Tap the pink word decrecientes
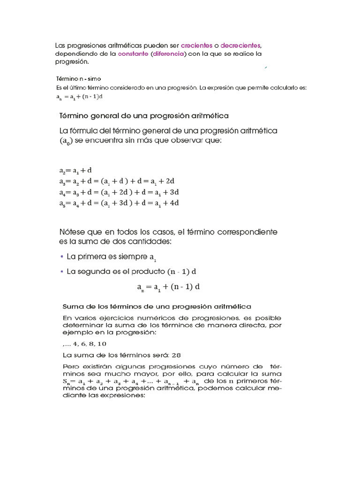click(x=240, y=45)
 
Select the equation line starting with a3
click(x=117, y=181)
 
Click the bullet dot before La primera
click(x=62, y=257)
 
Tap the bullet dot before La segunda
click(x=62, y=271)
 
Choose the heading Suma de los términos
click(x=157, y=307)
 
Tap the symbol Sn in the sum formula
click(x=66, y=382)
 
